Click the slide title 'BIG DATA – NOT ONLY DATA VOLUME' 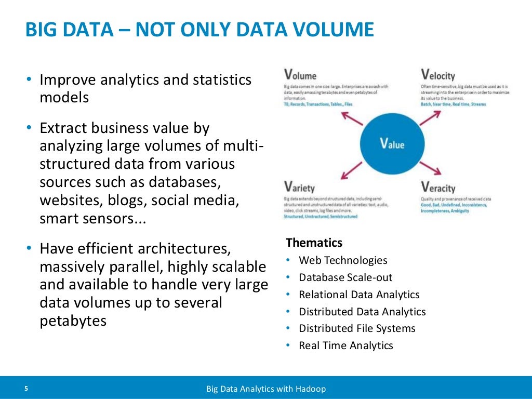[x=199, y=30]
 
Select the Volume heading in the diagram [x=300, y=75]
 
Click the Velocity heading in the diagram [x=437, y=75]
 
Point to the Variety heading [x=299, y=187]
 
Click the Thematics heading [x=314, y=243]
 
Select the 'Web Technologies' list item [x=343, y=260]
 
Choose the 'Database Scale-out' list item [x=345, y=277]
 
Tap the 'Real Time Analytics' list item [x=345, y=345]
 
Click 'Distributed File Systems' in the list [x=357, y=328]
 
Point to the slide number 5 [x=26, y=388]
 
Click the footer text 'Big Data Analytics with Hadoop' [x=266, y=389]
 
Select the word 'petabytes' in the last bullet [x=73, y=321]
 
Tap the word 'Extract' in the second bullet [x=64, y=128]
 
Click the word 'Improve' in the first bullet [x=67, y=80]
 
